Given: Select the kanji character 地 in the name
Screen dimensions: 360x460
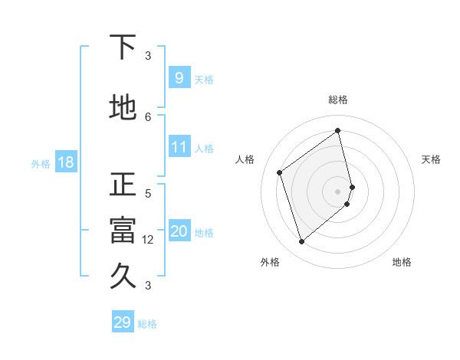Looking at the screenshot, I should tap(123, 109).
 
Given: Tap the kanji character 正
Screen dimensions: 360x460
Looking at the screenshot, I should tap(123, 185).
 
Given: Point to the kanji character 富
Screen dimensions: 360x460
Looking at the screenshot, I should tap(123, 231).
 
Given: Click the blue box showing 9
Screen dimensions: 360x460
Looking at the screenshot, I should tap(179, 78).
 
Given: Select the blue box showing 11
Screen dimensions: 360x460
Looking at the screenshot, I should tap(179, 147).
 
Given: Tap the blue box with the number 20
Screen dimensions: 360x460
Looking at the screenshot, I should tap(179, 231).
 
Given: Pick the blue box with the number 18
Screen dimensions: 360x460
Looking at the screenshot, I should tap(65, 162).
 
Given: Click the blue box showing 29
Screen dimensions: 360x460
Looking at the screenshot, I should tap(122, 322).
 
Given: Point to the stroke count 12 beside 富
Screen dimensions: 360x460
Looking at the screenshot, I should tap(148, 239).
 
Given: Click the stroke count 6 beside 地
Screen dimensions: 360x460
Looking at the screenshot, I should tap(148, 116).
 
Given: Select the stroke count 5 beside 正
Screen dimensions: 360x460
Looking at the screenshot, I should tap(148, 193).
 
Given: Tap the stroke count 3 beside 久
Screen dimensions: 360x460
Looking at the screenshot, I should tap(148, 285).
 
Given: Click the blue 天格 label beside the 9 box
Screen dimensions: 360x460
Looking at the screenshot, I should tap(204, 79).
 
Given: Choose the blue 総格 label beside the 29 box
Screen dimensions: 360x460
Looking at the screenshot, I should tap(147, 323).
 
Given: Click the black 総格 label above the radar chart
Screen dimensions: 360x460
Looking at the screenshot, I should tap(338, 100).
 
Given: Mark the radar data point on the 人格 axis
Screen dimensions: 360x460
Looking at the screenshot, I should tap(280, 172).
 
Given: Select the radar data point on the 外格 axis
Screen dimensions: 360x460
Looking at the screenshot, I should tap(301, 242).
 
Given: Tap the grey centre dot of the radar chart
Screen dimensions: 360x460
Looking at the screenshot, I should tap(338, 191).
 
